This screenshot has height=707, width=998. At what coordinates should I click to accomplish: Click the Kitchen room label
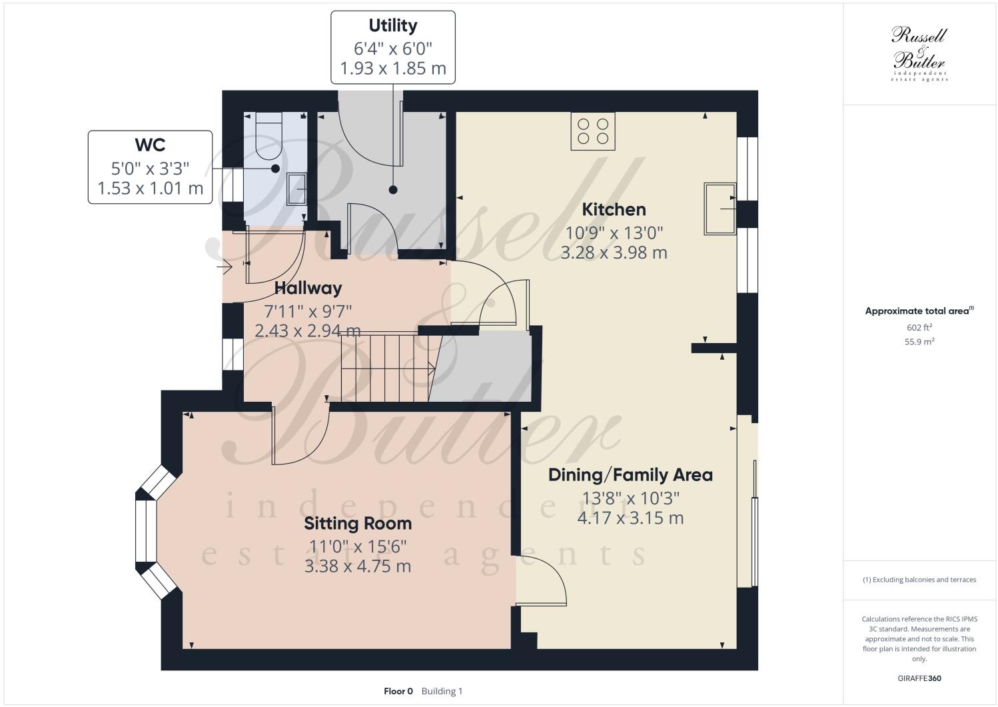614,209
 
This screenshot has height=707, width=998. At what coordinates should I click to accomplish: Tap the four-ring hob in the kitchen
592,131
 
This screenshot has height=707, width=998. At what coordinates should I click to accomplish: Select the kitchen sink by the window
720,209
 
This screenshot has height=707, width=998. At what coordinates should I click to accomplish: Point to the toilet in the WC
269,137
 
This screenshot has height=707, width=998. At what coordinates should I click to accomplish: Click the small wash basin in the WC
296,189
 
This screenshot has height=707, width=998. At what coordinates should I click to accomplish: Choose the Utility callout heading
393,26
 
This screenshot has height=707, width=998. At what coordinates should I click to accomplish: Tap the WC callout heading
150,145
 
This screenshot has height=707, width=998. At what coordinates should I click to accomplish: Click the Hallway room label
308,288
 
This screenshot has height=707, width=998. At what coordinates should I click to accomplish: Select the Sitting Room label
358,524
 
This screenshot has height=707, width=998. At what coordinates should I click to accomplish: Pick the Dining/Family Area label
630,475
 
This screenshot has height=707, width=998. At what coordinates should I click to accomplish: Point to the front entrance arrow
224,268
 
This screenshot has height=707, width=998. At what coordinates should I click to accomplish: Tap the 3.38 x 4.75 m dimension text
358,566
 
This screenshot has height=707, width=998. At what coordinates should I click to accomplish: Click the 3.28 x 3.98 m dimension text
614,253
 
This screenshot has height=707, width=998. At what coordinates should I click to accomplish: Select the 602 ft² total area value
919,327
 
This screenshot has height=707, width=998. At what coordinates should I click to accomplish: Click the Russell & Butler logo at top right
919,53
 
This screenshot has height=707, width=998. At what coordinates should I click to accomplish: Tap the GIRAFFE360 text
919,679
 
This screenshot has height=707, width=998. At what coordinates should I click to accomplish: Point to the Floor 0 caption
398,691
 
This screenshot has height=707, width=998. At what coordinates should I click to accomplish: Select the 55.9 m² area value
919,341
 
